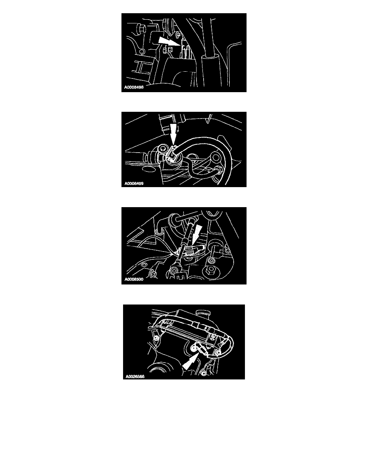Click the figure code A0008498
click(133, 87)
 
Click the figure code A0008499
click(133, 184)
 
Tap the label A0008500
click(133, 279)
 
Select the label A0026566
click(135, 376)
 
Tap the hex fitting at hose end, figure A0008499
click(218, 168)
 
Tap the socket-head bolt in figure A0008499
click(163, 148)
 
